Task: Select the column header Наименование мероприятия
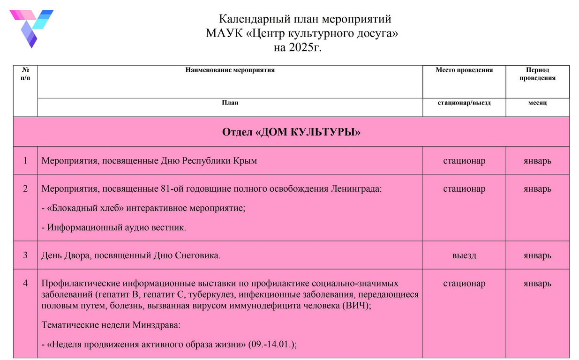point(230,70)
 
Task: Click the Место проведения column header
point(464,70)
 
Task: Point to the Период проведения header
point(537,74)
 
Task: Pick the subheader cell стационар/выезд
point(464,103)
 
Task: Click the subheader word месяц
point(537,103)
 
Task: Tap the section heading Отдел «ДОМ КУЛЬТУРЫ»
point(291,132)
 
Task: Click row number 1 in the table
point(25,161)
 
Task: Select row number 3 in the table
point(25,255)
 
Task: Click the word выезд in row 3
point(464,255)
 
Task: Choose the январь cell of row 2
point(537,189)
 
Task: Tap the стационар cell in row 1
point(464,161)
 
